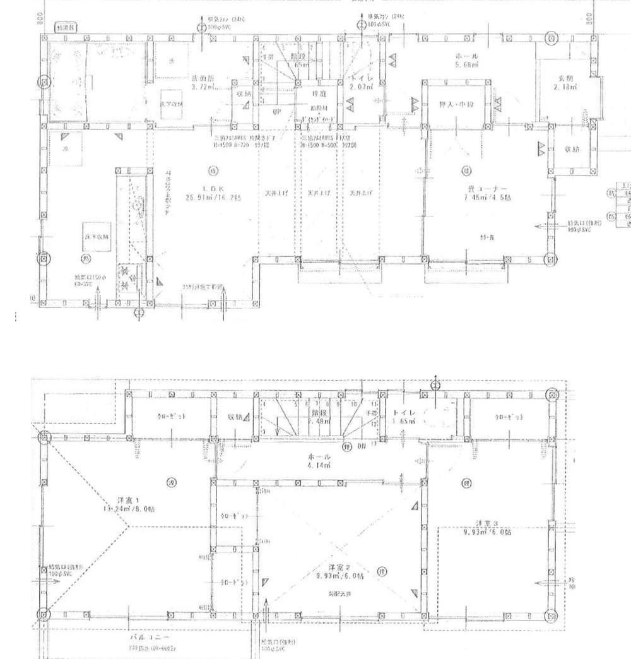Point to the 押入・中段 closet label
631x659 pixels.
pyautogui.click(x=456, y=104)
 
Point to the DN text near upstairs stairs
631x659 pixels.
pyautogui.click(x=363, y=446)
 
